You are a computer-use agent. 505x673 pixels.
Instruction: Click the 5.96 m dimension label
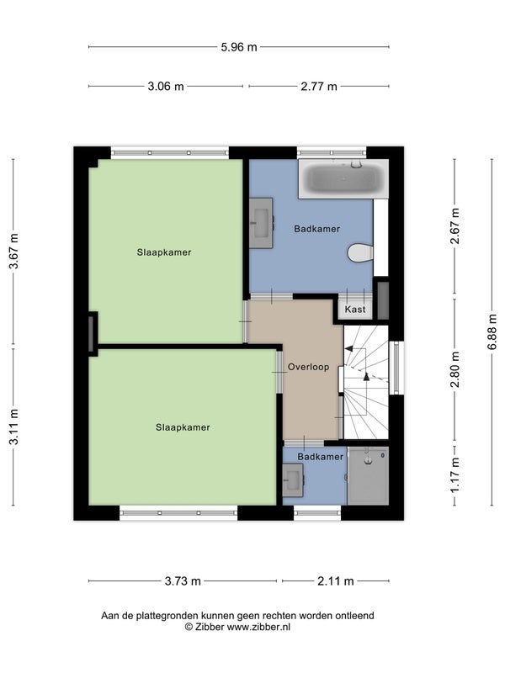[239, 47]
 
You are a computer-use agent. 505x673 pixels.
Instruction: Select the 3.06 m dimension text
[166, 87]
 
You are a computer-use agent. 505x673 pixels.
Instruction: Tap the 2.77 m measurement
[319, 87]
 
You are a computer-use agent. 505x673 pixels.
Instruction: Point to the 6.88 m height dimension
[492, 331]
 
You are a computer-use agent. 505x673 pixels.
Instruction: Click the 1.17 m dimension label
[454, 474]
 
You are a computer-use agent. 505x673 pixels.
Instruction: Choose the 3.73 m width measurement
[183, 580]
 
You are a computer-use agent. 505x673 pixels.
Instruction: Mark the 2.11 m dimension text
[335, 580]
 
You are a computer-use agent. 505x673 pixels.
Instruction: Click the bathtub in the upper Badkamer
[343, 178]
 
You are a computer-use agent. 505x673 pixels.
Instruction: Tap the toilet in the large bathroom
[360, 253]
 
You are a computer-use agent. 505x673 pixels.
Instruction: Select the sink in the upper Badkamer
[262, 223]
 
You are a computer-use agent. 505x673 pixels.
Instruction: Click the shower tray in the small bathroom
[368, 475]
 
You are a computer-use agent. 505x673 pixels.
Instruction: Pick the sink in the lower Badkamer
[293, 480]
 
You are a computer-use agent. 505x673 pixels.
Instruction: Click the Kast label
[355, 309]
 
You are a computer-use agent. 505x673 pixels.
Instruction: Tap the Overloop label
[308, 367]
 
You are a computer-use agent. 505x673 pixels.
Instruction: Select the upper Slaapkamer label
[164, 252]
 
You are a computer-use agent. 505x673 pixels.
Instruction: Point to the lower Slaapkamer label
[183, 427]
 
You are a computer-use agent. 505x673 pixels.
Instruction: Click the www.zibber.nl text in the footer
[258, 627]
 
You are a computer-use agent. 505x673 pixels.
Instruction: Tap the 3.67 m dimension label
[14, 251]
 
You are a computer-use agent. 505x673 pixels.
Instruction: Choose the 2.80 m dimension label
[454, 369]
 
